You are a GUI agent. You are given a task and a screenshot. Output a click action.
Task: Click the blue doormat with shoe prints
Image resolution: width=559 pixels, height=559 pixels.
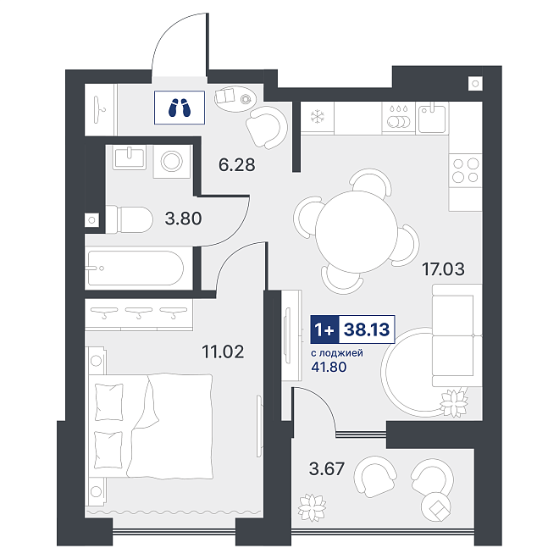pyautogui.click(x=180, y=108)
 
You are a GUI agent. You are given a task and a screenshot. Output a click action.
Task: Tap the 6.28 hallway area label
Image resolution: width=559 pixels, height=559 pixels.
pyautogui.click(x=236, y=165)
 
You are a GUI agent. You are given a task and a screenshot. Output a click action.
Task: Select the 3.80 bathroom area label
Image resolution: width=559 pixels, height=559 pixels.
pyautogui.click(x=183, y=219)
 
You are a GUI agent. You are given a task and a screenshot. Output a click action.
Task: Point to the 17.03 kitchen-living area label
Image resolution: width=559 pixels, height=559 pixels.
pyautogui.click(x=443, y=268)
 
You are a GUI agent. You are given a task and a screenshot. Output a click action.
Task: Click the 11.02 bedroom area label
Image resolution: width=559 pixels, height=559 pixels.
pyautogui.click(x=223, y=351)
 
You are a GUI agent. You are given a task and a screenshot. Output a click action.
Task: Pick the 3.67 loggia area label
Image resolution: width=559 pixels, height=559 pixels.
pyautogui.click(x=327, y=468)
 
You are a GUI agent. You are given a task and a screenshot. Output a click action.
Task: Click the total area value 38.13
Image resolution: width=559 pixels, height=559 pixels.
pyautogui.click(x=367, y=329)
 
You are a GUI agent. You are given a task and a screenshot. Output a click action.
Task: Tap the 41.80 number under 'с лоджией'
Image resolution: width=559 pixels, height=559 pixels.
pyautogui.click(x=329, y=367)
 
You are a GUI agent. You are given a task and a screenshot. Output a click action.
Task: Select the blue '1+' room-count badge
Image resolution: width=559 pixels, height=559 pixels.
pyautogui.click(x=324, y=329)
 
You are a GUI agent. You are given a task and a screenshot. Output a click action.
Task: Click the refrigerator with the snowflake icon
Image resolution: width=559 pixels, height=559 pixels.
pyautogui.click(x=318, y=117)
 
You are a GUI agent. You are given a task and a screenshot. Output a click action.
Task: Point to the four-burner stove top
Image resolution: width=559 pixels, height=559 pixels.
pyautogui.click(x=465, y=170)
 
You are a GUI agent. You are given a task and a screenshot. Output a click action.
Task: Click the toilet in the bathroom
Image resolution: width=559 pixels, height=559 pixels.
pyautogui.click(x=130, y=219)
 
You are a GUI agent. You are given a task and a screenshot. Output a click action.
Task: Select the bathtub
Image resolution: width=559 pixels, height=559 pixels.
pyautogui.click(x=135, y=268)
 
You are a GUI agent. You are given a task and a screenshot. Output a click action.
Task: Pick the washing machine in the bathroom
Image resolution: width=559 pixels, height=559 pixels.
pyautogui.click(x=172, y=162)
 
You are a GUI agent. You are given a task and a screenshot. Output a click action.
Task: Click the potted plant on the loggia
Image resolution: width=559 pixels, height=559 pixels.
pyautogui.click(x=312, y=507)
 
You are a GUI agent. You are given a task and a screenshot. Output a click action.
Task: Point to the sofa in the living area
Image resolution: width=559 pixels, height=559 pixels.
pyautogui.click(x=457, y=335)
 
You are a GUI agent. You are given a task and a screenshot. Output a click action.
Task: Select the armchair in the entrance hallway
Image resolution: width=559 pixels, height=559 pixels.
pyautogui.click(x=267, y=127)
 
